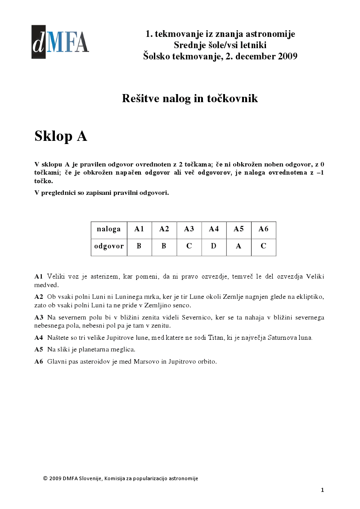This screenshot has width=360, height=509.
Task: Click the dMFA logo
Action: [x=60, y=42]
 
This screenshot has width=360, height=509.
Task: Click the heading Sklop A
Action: [x=61, y=136]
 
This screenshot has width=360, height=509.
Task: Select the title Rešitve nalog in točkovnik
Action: [x=189, y=99]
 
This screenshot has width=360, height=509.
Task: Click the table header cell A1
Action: [x=139, y=229]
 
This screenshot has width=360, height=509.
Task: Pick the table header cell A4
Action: [x=214, y=229]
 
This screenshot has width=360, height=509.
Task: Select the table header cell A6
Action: [x=263, y=229]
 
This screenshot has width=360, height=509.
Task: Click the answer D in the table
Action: [x=214, y=246]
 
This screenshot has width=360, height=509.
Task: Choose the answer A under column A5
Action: [x=238, y=246]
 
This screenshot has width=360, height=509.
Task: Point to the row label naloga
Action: [x=109, y=229]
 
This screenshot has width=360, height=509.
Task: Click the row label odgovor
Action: [x=109, y=246]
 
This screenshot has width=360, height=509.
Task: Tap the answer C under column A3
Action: [x=189, y=246]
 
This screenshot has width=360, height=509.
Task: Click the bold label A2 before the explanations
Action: [x=39, y=297]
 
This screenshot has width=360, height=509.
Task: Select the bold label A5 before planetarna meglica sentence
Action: [x=39, y=349]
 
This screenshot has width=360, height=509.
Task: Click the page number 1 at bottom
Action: [x=322, y=490]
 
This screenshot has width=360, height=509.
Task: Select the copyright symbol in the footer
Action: [x=45, y=478]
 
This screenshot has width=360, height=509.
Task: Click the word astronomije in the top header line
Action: [x=273, y=34]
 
